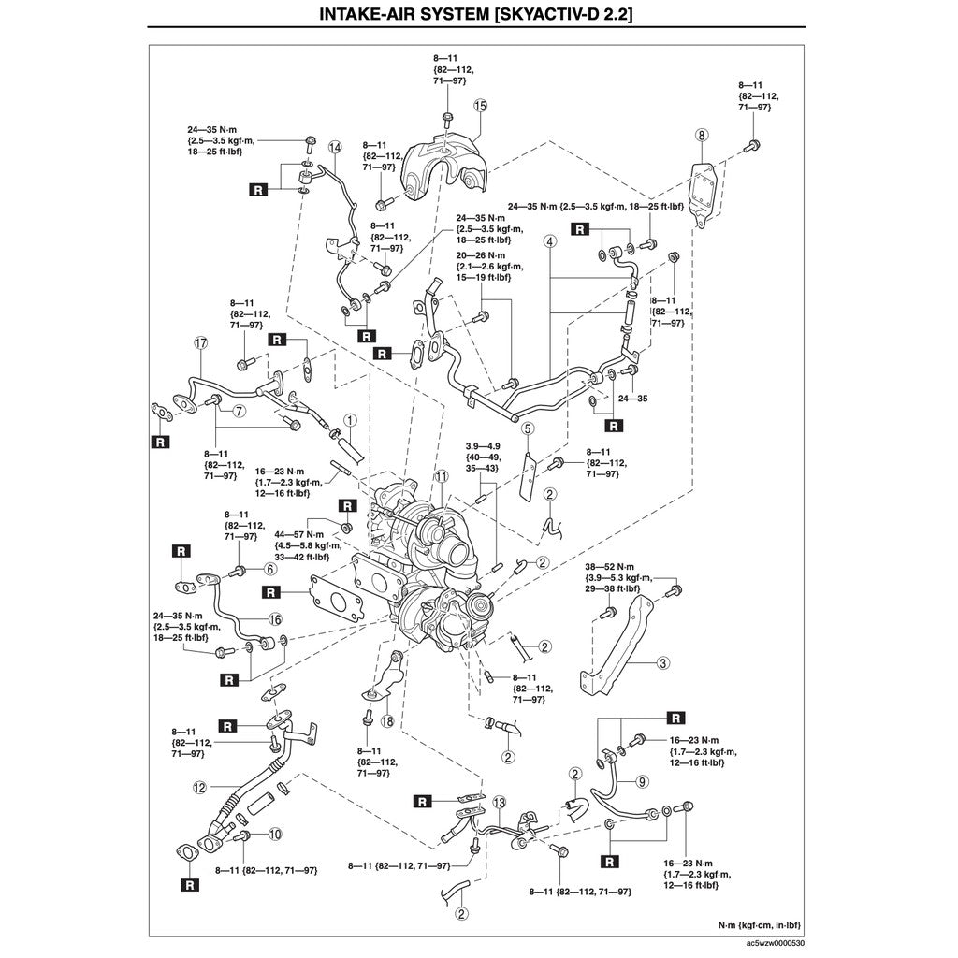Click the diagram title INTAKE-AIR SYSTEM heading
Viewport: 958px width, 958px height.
coord(478,15)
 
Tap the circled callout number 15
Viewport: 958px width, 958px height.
coord(480,107)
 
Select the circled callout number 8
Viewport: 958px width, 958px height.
coord(703,136)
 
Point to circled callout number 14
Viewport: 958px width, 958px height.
coord(335,147)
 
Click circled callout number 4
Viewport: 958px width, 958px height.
coord(550,240)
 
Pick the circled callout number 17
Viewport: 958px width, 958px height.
coord(199,343)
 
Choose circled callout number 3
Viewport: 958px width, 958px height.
coord(662,663)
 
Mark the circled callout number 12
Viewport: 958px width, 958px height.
coord(199,788)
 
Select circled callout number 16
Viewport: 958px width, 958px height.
coord(274,618)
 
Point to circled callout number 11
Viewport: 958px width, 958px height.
coord(440,477)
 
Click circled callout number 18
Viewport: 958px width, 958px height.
coord(386,720)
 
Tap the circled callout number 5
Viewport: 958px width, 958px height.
coord(529,428)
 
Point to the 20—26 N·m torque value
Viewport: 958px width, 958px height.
coord(482,254)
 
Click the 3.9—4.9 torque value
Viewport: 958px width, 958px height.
coord(484,445)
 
